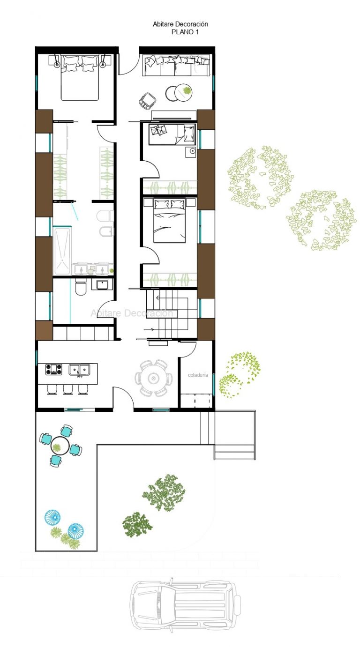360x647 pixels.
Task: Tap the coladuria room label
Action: (x=198, y=375)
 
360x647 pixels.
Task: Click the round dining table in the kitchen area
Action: (x=153, y=378)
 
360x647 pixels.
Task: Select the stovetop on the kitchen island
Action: (x=54, y=370)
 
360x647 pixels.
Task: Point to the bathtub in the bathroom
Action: (x=62, y=251)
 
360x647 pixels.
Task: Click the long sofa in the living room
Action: (x=176, y=65)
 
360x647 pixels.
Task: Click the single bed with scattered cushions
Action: (x=172, y=134)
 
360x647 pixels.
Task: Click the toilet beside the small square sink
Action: (x=80, y=287)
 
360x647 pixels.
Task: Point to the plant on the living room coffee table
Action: (x=187, y=91)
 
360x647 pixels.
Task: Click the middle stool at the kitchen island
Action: (x=68, y=389)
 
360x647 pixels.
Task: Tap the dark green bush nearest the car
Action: (x=137, y=524)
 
